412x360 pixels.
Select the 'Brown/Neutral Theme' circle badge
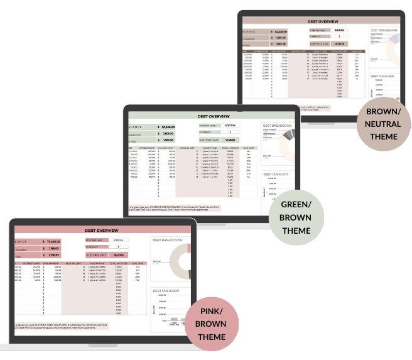[384, 123]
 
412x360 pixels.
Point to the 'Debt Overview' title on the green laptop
[214, 116]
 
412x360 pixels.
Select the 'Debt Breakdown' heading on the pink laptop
[166, 241]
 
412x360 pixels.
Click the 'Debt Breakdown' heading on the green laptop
[278, 126]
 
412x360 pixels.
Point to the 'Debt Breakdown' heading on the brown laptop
[384, 30]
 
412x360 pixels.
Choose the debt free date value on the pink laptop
[118, 254]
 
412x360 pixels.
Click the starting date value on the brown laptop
[340, 30]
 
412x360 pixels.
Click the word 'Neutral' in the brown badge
[384, 124]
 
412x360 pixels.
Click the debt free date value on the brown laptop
[340, 44]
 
